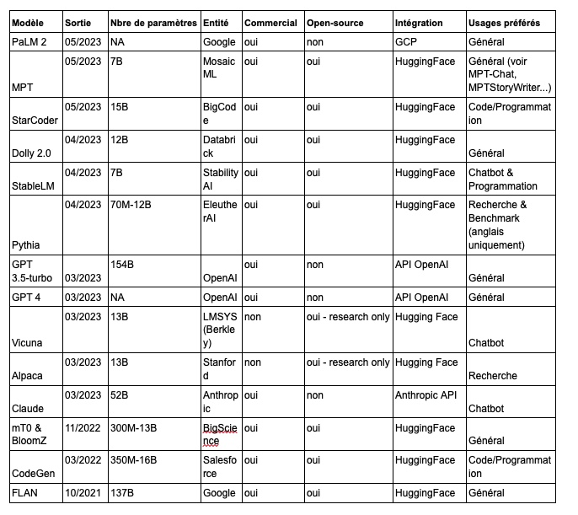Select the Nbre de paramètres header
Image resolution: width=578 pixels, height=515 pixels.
tap(153, 23)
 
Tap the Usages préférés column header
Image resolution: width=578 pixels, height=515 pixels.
tap(504, 23)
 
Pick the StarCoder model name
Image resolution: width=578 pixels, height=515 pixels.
tap(34, 121)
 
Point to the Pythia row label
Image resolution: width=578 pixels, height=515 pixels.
tap(28, 246)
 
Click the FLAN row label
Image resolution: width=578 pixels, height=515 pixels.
tap(26, 493)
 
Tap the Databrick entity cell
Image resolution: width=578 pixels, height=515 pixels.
tap(220, 147)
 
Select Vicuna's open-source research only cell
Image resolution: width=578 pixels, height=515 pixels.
tap(347, 316)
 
